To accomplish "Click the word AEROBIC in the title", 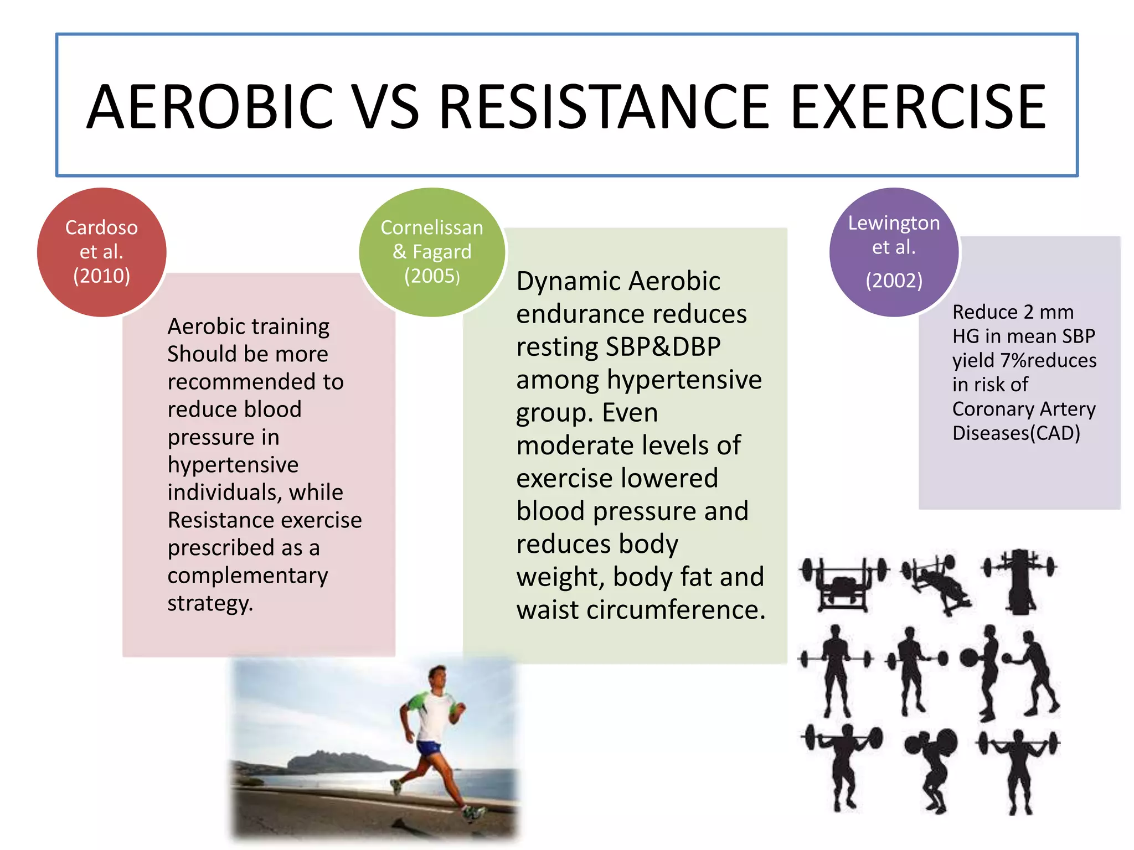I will click(210, 106).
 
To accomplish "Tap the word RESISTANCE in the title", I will click(604, 106).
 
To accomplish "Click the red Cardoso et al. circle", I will click(101, 252).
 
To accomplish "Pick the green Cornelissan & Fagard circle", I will click(432, 252).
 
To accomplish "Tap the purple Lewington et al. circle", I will click(894, 252).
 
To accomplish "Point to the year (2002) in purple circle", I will click(894, 280).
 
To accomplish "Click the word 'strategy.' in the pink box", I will click(210, 603).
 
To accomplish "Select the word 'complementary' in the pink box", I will click(248, 575).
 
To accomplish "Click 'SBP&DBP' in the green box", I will click(663, 347).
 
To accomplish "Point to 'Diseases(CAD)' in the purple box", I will click(1016, 433).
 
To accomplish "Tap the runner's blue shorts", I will click(429, 747).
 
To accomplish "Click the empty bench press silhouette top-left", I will click(843, 584).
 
